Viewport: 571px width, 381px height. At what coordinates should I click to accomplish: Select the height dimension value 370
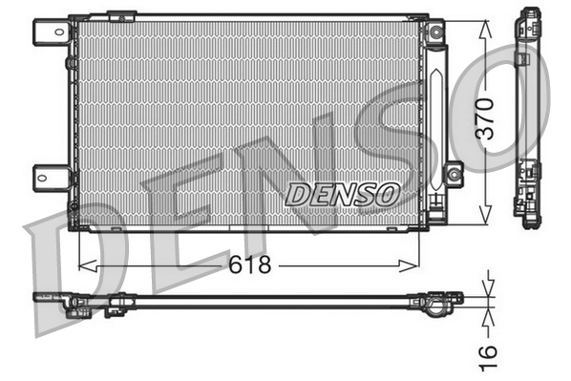487,117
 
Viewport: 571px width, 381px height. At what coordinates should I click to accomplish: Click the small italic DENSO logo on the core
342,192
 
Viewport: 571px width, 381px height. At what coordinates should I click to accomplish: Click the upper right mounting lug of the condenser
436,32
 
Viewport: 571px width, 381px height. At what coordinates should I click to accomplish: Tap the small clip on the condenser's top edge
121,16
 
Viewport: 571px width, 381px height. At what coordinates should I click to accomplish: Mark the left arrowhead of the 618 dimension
80,265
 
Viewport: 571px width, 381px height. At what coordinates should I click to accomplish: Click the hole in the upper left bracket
44,32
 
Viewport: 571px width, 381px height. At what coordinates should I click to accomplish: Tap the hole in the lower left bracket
44,176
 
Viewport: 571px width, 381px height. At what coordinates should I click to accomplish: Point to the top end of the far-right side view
527,17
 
